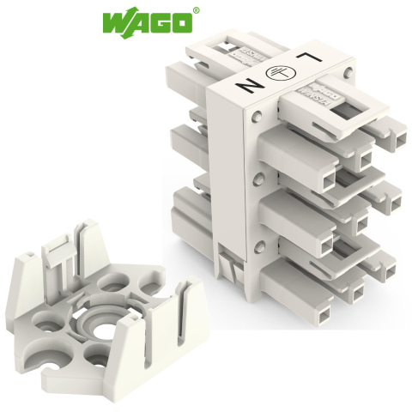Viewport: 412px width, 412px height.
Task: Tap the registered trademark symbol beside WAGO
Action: (x=196, y=11)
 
